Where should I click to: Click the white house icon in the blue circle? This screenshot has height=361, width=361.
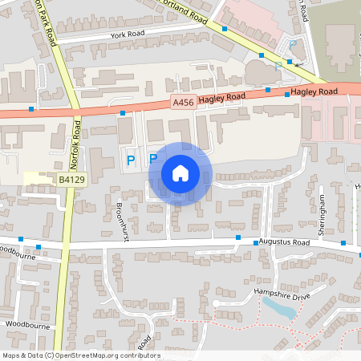(x=180, y=172)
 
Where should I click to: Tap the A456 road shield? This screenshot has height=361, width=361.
(x=181, y=103)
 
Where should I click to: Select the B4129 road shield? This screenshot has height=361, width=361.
(x=71, y=182)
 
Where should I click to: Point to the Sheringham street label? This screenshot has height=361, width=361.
(x=321, y=213)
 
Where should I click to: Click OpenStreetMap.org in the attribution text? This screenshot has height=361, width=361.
(x=87, y=355)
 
